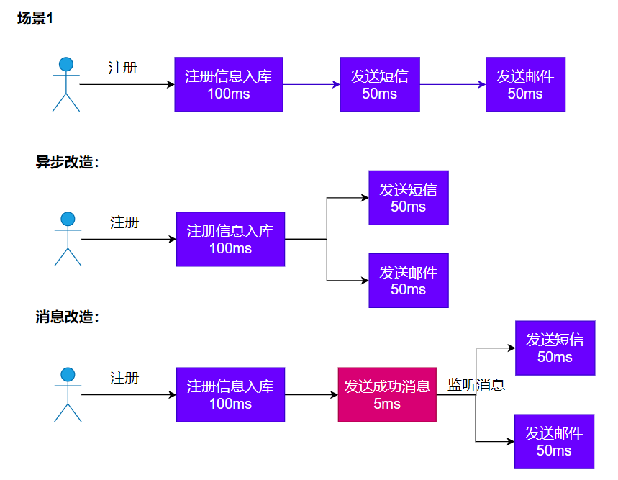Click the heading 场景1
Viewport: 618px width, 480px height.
point(35,19)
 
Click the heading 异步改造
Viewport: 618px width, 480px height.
point(67,162)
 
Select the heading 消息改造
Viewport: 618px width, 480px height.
point(67,317)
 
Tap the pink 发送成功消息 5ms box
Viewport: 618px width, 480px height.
point(387,395)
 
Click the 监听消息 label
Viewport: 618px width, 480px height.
point(476,385)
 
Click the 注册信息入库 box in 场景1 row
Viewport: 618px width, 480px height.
point(229,84)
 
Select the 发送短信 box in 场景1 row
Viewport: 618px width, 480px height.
point(380,84)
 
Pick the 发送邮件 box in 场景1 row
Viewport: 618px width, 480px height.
point(525,84)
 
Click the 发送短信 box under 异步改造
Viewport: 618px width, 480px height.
point(409,198)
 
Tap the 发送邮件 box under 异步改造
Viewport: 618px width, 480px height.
point(409,281)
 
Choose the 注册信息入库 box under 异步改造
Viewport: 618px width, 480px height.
point(230,239)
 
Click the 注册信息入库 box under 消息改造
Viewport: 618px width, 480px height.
point(230,395)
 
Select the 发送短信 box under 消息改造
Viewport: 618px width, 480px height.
point(555,348)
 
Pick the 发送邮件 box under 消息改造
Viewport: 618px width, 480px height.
point(554,441)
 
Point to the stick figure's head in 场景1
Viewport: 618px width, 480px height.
point(66,64)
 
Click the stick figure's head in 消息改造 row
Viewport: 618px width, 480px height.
point(68,374)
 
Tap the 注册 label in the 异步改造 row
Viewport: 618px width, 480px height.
point(124,222)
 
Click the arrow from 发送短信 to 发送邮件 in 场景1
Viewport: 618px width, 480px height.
point(453,84)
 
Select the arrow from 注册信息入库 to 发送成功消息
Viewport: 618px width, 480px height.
point(312,395)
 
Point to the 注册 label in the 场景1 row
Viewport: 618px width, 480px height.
point(122,68)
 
